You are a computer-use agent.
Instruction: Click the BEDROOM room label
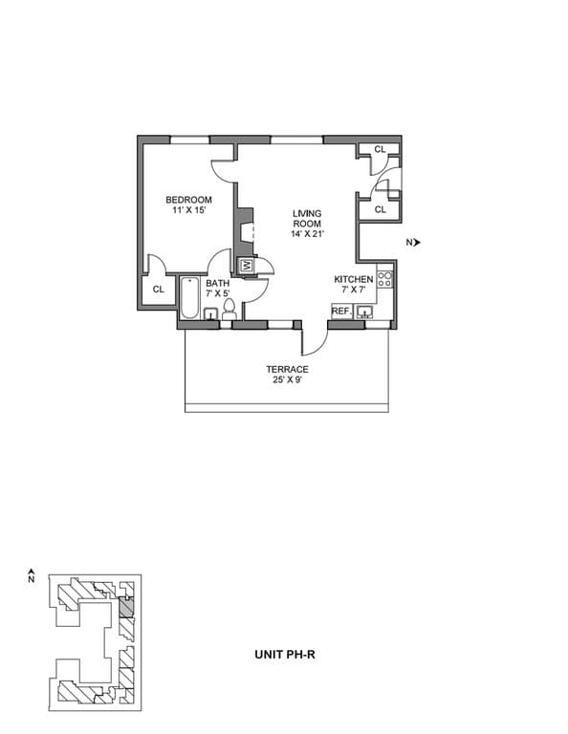tap(188, 200)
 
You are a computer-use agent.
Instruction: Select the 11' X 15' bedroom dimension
tap(188, 210)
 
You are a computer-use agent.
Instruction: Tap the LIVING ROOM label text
tap(307, 218)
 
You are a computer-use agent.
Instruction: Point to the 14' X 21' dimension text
tap(307, 234)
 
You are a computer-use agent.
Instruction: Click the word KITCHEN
tap(353, 279)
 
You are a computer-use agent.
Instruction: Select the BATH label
tap(217, 283)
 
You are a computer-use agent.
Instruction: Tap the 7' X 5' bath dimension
tap(217, 293)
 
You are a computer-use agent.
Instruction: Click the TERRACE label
tap(287, 370)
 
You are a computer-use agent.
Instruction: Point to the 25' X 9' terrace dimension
tap(287, 380)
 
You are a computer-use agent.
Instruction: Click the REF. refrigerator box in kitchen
tap(340, 311)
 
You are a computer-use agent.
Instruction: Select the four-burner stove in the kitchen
tap(384, 279)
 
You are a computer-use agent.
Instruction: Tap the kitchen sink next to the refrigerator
tap(364, 311)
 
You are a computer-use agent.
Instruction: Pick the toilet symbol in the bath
tap(229, 309)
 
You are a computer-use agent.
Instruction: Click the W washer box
tap(245, 265)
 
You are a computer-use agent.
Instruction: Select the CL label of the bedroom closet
tap(158, 289)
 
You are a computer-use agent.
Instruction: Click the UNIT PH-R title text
tap(286, 655)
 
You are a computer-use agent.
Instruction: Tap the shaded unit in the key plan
tap(125, 608)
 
